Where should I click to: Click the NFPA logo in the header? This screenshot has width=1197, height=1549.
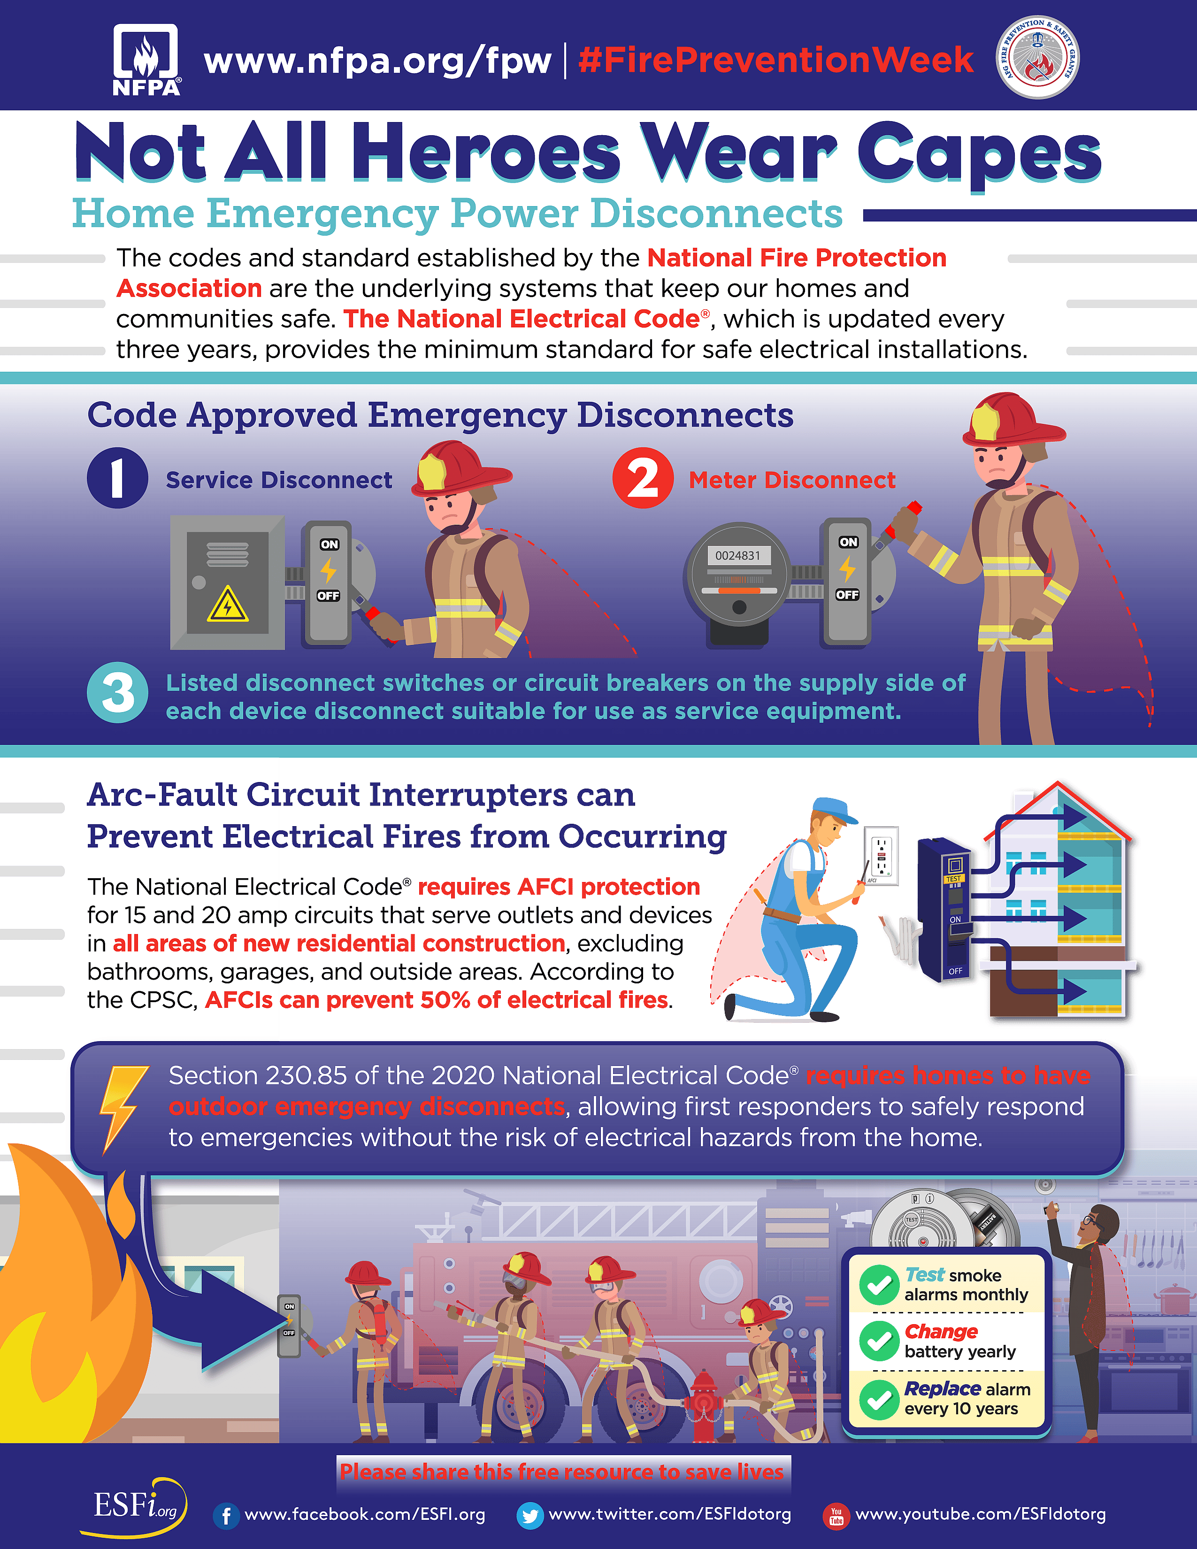coord(146,60)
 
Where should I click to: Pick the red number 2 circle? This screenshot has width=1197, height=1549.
coord(643,478)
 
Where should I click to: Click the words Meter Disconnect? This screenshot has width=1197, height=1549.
coord(792,480)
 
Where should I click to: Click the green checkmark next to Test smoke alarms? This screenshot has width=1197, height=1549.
coord(879,1285)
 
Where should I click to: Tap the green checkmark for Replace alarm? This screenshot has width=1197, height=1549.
coord(879,1399)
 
